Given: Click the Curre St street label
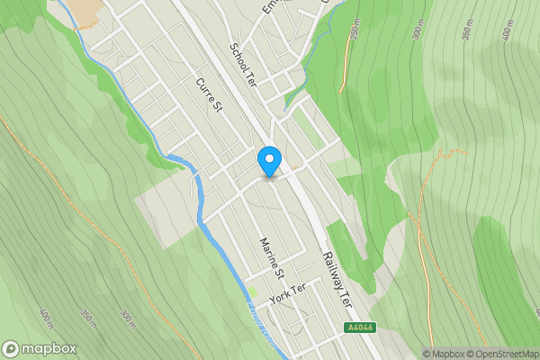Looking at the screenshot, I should click(x=209, y=94).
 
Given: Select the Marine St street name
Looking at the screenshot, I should click(x=272, y=256).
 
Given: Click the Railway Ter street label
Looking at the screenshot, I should click(x=337, y=280).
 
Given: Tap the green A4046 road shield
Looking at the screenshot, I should click(x=359, y=328).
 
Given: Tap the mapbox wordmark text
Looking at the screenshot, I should click(x=50, y=348).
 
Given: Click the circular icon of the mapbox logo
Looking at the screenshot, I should click(x=12, y=348).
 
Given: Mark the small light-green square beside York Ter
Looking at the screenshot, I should click(x=253, y=292).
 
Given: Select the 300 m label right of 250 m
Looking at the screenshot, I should click(x=418, y=32).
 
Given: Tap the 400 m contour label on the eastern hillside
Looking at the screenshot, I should click(x=508, y=32).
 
